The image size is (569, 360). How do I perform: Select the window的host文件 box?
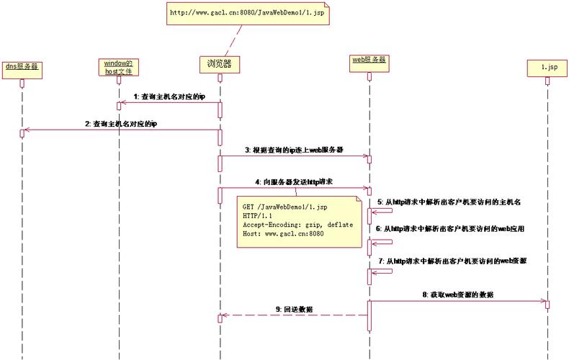point(118,67)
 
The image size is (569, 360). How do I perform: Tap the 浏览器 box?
point(219,64)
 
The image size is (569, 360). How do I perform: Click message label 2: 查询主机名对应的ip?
point(121,124)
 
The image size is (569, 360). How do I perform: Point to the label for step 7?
point(452,260)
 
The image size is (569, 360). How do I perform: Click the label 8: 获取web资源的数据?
point(458,294)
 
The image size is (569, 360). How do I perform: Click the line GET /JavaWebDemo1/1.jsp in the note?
point(284,207)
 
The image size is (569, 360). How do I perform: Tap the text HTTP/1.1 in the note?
point(258,215)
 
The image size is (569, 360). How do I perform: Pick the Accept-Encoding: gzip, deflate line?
point(297,225)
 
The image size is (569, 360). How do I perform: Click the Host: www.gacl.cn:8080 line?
point(283,234)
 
